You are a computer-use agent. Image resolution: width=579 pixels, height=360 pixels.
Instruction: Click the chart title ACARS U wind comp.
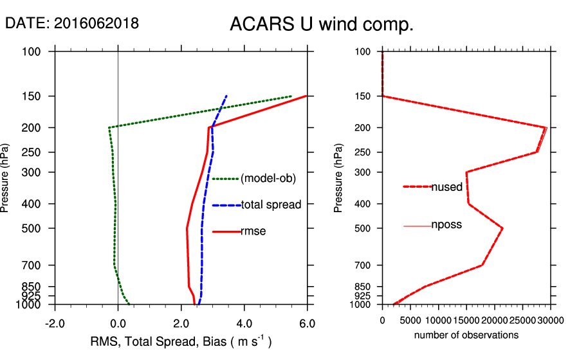[321, 24]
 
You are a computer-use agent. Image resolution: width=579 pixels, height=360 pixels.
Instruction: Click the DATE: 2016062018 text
[71, 23]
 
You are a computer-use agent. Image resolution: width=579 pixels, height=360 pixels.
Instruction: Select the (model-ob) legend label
[268, 179]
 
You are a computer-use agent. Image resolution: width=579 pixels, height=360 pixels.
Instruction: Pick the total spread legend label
[271, 205]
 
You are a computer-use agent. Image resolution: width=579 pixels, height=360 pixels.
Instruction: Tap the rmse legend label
[253, 231]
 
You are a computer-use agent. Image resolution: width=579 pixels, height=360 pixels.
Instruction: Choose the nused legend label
[446, 187]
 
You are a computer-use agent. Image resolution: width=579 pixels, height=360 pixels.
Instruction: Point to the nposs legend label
[446, 225]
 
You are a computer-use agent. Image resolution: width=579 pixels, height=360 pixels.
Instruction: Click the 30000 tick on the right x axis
[551, 319]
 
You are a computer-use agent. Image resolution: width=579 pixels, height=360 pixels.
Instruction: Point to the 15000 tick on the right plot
[466, 319]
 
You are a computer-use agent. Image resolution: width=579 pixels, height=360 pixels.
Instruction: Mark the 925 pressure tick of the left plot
[32, 295]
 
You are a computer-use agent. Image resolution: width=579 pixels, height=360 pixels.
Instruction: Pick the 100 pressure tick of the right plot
[363, 51]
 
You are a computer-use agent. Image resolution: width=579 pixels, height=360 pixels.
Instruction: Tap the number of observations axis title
[466, 335]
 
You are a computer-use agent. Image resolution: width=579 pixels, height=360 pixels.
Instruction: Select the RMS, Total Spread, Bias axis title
[180, 341]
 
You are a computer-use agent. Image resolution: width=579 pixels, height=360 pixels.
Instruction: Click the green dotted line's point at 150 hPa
[291, 96]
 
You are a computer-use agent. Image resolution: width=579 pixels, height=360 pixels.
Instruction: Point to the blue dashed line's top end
[226, 96]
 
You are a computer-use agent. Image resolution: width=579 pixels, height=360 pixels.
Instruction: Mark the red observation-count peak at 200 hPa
[546, 128]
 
